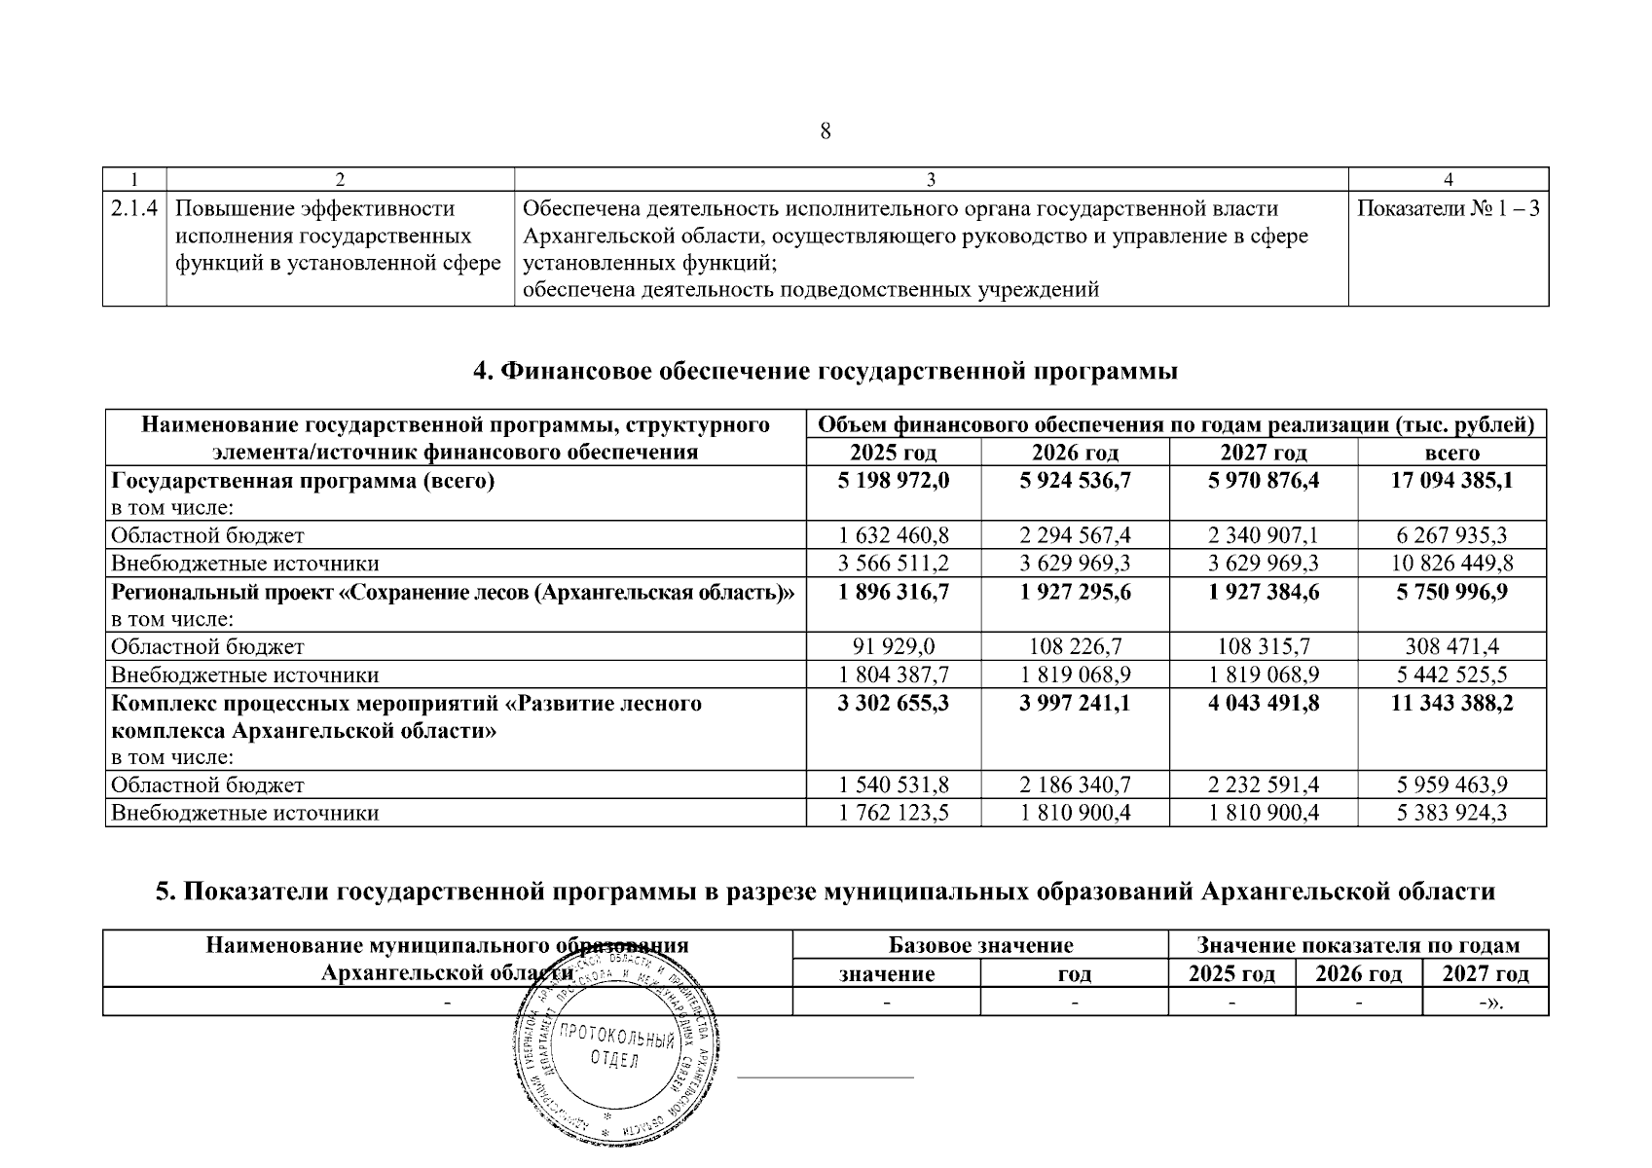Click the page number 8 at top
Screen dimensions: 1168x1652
tap(826, 131)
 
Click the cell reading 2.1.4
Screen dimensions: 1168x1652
tap(134, 208)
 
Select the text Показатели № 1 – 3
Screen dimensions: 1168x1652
tap(1448, 208)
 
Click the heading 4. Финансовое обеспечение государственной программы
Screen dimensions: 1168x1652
tap(826, 372)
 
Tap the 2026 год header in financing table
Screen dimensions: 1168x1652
tap(1075, 453)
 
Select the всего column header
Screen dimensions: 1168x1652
tap(1451, 453)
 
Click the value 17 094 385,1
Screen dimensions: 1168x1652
tap(1451, 480)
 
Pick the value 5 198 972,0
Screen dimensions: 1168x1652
tap(893, 480)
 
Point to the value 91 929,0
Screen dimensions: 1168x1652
tap(893, 646)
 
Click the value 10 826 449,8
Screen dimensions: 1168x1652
tap(1451, 563)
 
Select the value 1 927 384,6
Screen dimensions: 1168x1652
tap(1264, 591)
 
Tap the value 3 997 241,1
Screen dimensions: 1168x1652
tap(1075, 703)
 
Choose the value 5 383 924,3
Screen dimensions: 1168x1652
tap(1451, 813)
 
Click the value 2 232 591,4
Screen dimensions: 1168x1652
tap(1264, 785)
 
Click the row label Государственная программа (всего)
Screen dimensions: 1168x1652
tap(303, 481)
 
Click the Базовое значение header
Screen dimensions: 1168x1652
tap(980, 945)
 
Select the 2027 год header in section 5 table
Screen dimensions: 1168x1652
tap(1485, 974)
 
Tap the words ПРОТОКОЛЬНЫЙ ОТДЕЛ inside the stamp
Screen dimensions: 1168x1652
tap(617, 1050)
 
